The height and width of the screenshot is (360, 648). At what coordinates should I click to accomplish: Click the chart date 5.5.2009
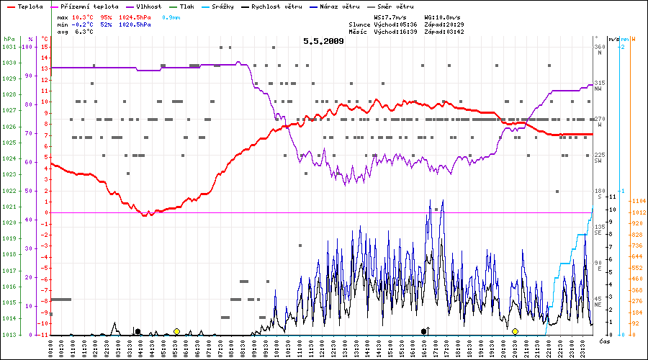click(x=323, y=41)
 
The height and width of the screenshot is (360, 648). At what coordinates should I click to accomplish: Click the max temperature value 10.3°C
click(x=84, y=17)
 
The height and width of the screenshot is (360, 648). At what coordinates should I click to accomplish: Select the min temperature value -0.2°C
click(x=84, y=24)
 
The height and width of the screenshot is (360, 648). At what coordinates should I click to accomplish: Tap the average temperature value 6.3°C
click(x=84, y=32)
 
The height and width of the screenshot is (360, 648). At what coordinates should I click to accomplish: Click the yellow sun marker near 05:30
click(x=176, y=331)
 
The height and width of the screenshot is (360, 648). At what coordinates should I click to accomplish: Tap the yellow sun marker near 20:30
click(x=515, y=331)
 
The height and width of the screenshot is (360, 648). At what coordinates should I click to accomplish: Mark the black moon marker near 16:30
click(x=424, y=331)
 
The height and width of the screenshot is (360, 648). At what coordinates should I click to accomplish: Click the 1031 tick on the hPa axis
click(x=9, y=47)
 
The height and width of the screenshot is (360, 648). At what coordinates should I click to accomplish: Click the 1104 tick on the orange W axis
click(x=637, y=201)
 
